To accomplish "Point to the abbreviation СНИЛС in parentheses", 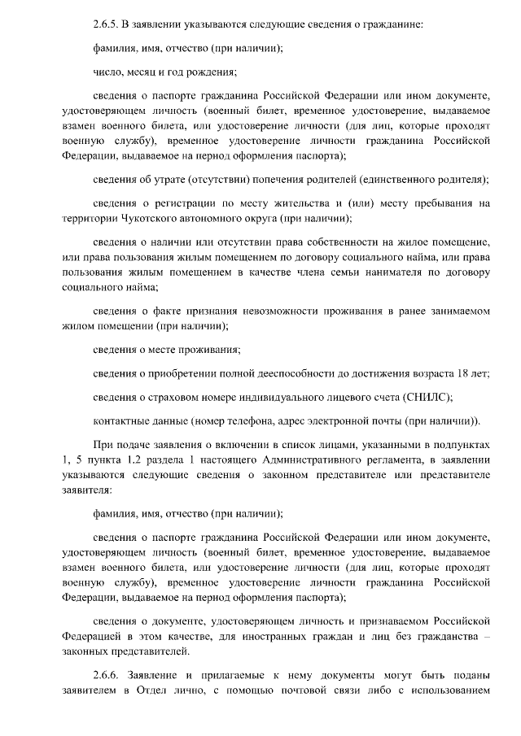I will click(x=426, y=397).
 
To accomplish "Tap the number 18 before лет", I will click(x=465, y=373).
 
